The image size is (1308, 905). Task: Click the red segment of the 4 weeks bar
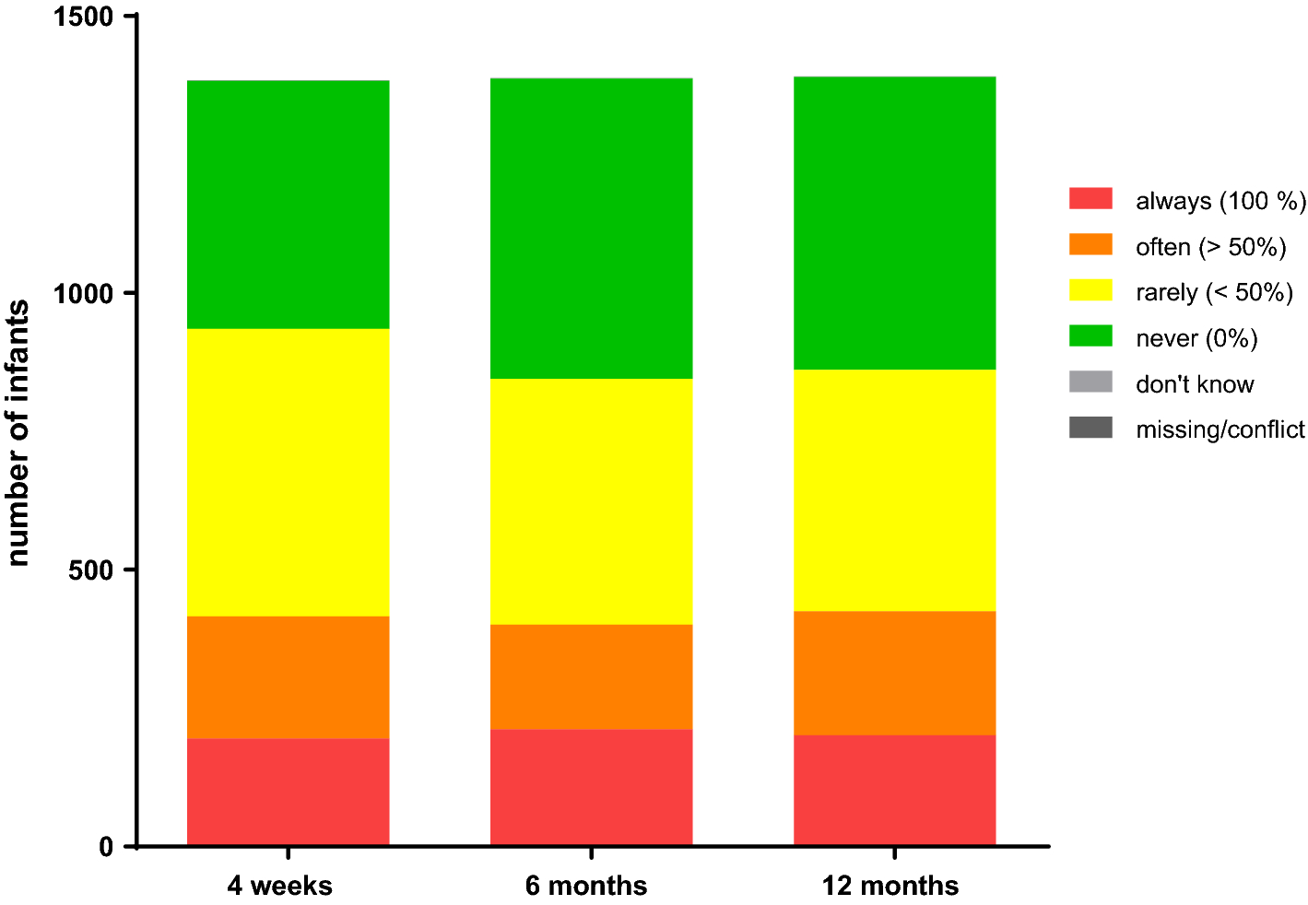288,792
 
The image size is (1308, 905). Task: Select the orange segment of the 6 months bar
591,676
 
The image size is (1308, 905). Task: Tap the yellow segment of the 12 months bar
894,489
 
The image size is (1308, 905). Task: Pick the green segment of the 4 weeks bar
288,204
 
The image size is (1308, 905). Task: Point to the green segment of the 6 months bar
591,228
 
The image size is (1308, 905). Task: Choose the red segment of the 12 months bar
894,790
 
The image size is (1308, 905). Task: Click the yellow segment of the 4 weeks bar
288,472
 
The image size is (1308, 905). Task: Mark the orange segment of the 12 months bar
894,673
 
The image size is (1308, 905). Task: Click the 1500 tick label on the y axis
85,18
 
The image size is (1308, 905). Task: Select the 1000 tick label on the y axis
85,294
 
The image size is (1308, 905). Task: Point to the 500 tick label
91,570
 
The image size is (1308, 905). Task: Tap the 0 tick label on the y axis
106,847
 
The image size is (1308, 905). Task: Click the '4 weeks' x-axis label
279,886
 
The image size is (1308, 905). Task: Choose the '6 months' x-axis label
586,886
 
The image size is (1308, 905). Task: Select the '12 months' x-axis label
890,886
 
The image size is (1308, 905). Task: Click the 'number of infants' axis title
18,432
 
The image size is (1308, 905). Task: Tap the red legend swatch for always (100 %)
1090,199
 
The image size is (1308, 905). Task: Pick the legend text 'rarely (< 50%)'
1214,292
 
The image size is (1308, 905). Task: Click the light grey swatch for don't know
1090,382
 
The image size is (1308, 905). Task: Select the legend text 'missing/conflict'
1220,429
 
